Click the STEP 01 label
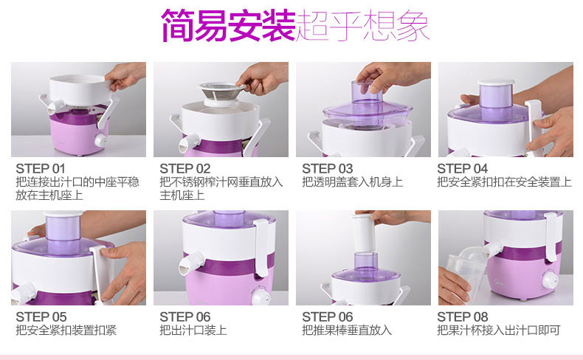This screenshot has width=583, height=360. pos(41,169)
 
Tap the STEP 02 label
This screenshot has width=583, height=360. pos(184,169)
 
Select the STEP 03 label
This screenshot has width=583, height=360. pos(327,169)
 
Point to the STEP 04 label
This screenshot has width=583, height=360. pos(462,169)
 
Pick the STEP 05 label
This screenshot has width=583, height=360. pos(41,317)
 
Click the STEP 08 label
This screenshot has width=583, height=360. pos(462,317)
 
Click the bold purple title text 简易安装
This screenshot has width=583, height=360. pos(228,25)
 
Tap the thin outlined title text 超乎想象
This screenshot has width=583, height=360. pos(363,25)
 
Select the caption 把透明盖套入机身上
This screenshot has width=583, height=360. pos(353,182)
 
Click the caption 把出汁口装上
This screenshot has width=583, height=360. pos(193,330)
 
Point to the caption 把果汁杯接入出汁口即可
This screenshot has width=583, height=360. pos(499,330)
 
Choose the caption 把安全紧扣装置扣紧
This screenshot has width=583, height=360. pos(66,330)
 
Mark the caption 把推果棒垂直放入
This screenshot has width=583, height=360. pos(347,330)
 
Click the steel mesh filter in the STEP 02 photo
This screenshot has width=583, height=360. pos(221,92)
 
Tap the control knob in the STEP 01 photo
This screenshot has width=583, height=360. pos(100,140)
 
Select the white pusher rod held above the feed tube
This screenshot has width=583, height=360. pos(363,232)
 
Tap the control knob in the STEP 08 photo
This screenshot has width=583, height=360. pos(550,280)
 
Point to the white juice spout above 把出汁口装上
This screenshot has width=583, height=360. pos(190,263)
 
